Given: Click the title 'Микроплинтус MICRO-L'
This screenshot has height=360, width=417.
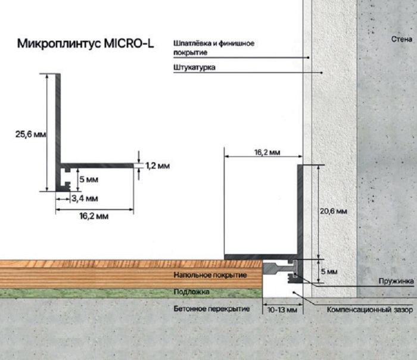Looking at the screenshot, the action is tap(86, 43).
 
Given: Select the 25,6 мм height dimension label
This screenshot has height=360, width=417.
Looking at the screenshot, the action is tap(30, 134).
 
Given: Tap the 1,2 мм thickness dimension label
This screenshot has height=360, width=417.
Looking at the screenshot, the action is tap(158, 166).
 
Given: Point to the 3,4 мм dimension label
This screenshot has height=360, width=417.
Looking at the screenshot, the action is tap(85, 199).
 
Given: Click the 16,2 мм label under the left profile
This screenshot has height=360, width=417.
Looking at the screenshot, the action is tap(94, 216).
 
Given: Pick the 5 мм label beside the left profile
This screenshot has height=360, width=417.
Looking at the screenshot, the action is tap(89, 179).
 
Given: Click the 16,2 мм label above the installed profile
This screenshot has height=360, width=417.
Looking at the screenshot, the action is tap(267, 152).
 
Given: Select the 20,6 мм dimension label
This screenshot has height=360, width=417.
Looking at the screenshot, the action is tap(334, 211).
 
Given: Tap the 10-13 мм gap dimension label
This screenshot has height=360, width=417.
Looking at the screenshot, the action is tap(282, 310).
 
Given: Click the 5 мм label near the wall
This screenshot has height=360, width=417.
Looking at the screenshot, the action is tap(329, 272).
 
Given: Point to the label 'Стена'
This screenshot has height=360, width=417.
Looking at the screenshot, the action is tap(402, 39).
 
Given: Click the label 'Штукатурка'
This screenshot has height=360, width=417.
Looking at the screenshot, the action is tap(194, 67).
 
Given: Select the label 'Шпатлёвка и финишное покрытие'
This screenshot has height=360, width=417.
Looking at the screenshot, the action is tap(214, 48).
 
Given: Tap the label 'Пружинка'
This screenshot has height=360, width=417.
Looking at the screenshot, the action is tap(396, 281).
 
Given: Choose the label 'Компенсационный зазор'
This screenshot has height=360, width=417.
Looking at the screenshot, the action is tap(370, 310).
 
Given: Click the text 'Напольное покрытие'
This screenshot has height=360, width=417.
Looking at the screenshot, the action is tap(210, 275).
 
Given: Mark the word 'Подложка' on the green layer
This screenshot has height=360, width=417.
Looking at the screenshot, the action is tap(191, 292).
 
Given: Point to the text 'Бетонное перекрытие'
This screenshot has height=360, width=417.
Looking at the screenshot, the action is tap(211, 309).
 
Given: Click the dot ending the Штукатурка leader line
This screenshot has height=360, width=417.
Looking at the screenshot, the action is tap(322, 73).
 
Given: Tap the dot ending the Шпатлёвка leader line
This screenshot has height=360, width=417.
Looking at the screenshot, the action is tap(308, 57).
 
